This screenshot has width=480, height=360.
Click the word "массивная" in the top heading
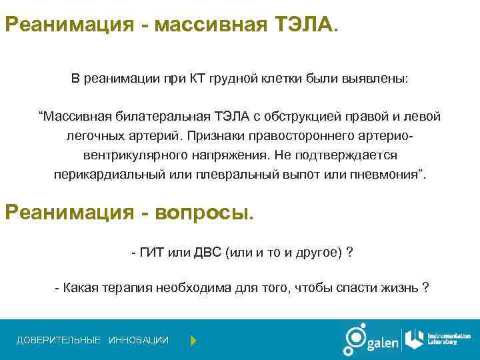coord(209,25)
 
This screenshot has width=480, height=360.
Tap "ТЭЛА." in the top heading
coord(307,25)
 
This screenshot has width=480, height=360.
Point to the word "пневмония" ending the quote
coord(393,175)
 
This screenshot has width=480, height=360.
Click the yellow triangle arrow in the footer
coord(193,341)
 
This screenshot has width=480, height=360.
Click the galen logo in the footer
coord(371,340)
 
